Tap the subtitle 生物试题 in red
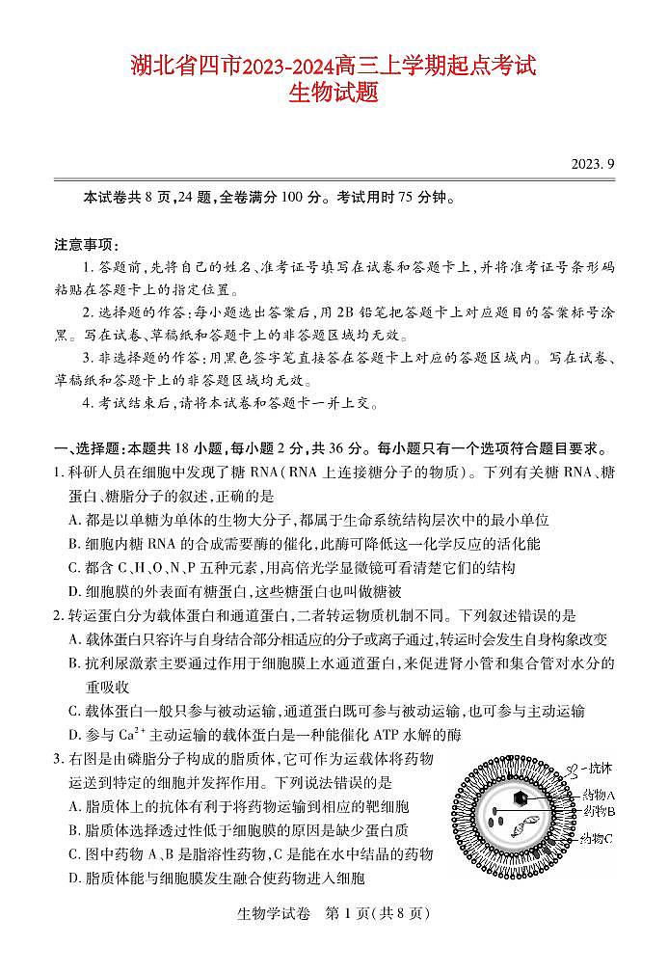tap(333, 94)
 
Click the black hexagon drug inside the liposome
tap(521, 797)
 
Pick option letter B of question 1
tap(74, 544)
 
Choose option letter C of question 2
tap(74, 712)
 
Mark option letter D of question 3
tap(74, 878)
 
